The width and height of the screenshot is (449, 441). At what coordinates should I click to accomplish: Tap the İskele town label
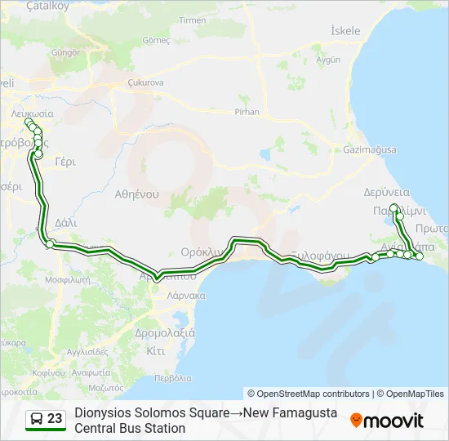345,31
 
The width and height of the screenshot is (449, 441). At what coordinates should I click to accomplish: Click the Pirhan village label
246,112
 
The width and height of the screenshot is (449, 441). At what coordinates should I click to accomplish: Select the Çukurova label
147,82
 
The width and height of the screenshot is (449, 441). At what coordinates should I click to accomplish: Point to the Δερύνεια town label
380,193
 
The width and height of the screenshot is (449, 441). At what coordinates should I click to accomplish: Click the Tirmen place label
193,20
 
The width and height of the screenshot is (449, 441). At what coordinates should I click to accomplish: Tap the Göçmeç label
155,39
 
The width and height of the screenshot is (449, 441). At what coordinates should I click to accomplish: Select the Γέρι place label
64,162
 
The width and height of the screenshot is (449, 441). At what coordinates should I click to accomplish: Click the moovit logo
387,421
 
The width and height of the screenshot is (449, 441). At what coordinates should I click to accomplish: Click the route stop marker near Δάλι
49,244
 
